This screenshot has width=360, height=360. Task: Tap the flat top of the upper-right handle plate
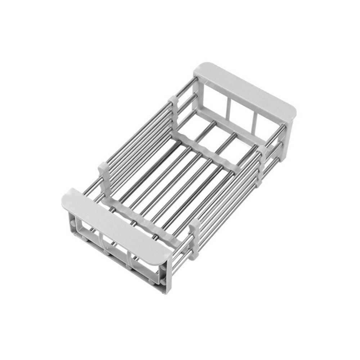[245, 88]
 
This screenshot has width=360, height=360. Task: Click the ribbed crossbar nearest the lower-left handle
[144, 220]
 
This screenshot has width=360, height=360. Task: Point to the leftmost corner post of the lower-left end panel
[70, 223]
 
